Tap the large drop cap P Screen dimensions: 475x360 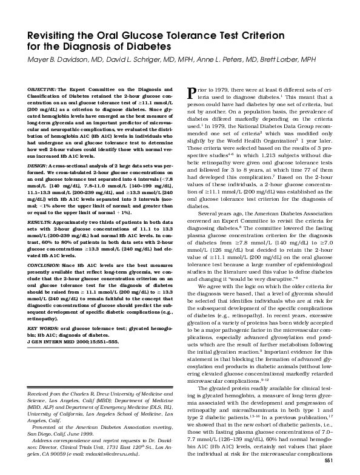pyautogui.click(x=193, y=93)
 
